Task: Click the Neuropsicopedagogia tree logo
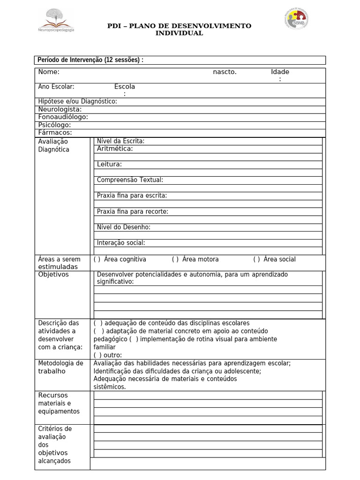57,20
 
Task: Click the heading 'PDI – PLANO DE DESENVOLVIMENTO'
180,26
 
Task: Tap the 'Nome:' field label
49,72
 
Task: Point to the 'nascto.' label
225,72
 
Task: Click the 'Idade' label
280,72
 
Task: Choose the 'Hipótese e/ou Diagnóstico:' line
77,101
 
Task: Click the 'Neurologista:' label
60,109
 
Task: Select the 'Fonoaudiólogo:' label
63,117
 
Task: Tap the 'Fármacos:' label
55,132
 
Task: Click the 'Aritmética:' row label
115,149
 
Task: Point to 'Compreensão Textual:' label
130,180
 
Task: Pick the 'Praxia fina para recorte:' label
132,211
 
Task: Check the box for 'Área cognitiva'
97,259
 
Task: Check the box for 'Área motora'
175,259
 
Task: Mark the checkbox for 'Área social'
257,259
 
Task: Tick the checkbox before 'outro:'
97,355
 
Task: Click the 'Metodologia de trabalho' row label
60,367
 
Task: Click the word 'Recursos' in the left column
53,395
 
